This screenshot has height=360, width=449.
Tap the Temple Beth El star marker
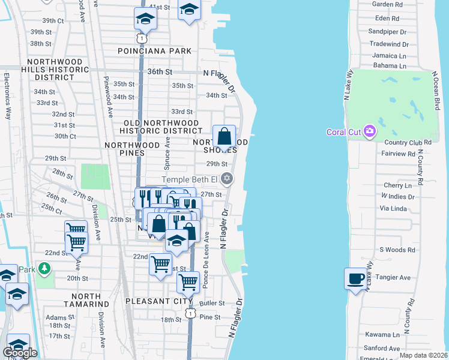click(x=227, y=178)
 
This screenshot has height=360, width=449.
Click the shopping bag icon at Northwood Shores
click(x=224, y=137)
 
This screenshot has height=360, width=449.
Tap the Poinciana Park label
click(x=155, y=51)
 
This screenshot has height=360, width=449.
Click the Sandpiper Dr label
click(x=387, y=31)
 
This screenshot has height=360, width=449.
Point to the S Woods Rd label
click(x=397, y=250)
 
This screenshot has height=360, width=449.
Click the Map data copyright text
click(x=423, y=355)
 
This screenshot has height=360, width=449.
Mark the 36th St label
click(x=160, y=71)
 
